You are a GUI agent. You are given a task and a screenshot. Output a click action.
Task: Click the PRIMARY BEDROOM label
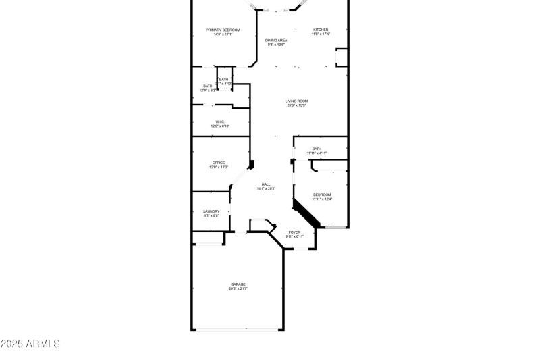coord(223,30)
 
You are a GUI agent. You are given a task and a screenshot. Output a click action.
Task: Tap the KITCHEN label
coord(320,30)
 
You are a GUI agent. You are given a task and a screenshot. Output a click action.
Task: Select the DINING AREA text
coord(276,41)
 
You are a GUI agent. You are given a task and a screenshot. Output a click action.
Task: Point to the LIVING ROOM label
coord(296,101)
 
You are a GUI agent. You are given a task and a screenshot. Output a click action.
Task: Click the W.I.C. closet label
coord(220,122)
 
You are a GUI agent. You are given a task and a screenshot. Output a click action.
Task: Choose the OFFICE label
coord(219,163)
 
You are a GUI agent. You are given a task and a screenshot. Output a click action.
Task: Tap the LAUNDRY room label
coord(211,211)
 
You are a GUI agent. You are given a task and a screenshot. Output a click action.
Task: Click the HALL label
coord(266,184)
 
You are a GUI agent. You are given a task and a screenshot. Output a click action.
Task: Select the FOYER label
coord(294,232)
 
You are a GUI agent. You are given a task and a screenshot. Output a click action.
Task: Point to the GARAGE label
coord(238,284)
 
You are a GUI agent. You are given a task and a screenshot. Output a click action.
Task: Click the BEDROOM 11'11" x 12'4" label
coord(321,195)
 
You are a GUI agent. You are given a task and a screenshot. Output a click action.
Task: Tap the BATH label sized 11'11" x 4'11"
coord(317,149)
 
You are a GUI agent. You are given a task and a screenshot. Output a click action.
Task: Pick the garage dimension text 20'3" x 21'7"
coord(238,288)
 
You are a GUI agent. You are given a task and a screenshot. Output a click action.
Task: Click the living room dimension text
coord(296,105)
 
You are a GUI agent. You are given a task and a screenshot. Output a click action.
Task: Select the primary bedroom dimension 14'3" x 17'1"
coord(223,34)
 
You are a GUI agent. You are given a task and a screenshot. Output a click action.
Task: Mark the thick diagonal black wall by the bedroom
coord(307,213)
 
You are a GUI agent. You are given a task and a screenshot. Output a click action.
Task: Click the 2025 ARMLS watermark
coord(30,344)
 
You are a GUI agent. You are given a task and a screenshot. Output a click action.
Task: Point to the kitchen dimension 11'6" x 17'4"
coord(320,34)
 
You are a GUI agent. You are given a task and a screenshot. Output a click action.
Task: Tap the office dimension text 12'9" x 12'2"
coord(219,167)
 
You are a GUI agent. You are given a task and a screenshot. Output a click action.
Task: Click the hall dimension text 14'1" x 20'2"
coord(266,189)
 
